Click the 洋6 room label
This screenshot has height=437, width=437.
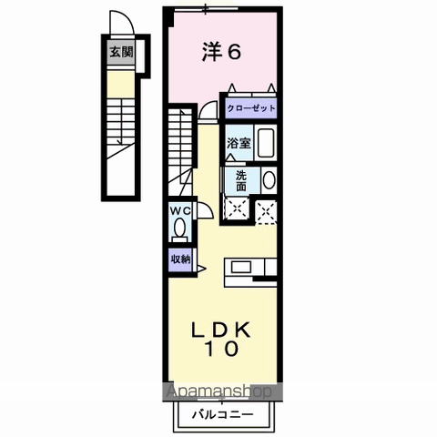point(221,53)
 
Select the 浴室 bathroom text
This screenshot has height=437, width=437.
point(239,143)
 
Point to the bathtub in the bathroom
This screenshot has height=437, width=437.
point(265,144)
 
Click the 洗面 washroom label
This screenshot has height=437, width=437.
point(240,179)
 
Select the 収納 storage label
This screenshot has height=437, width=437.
point(178,259)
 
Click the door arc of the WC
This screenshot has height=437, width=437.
point(205,211)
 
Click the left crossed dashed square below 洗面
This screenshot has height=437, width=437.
point(239,208)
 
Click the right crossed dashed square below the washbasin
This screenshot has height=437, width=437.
point(268,208)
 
